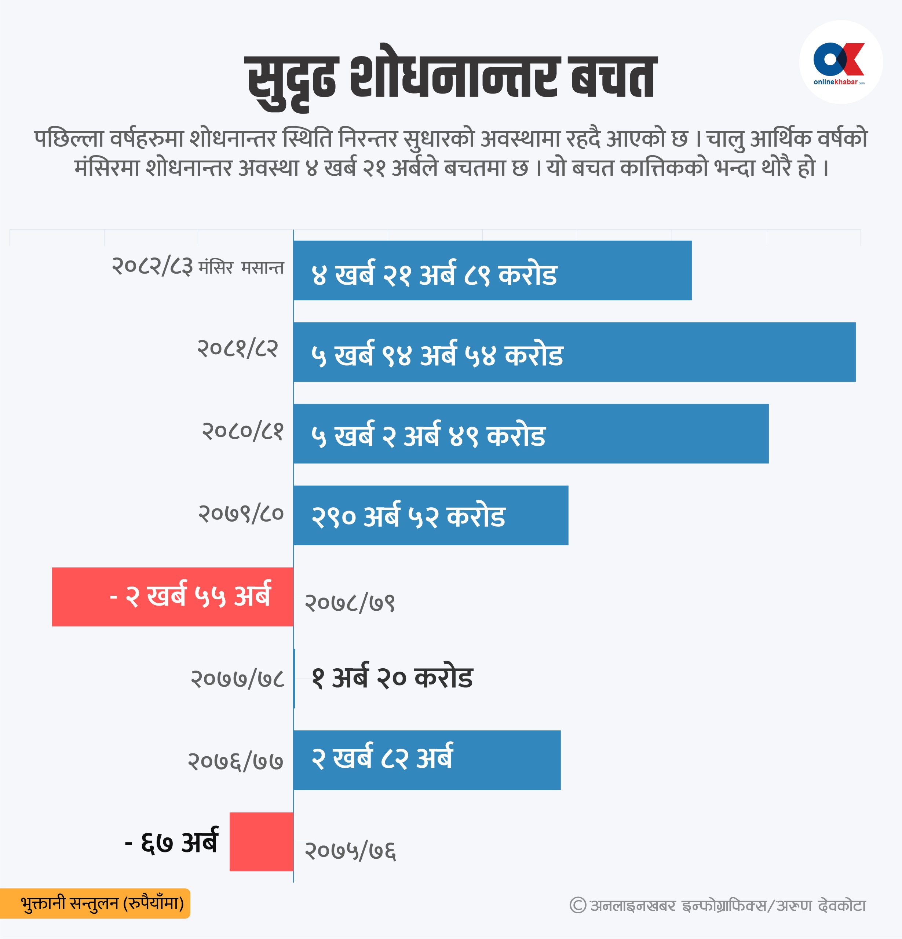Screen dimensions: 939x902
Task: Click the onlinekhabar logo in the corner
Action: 840,62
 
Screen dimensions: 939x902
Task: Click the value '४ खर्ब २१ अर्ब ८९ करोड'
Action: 434,275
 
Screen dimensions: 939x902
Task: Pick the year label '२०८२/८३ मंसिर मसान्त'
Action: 197,266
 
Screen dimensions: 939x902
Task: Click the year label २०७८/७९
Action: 350,603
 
